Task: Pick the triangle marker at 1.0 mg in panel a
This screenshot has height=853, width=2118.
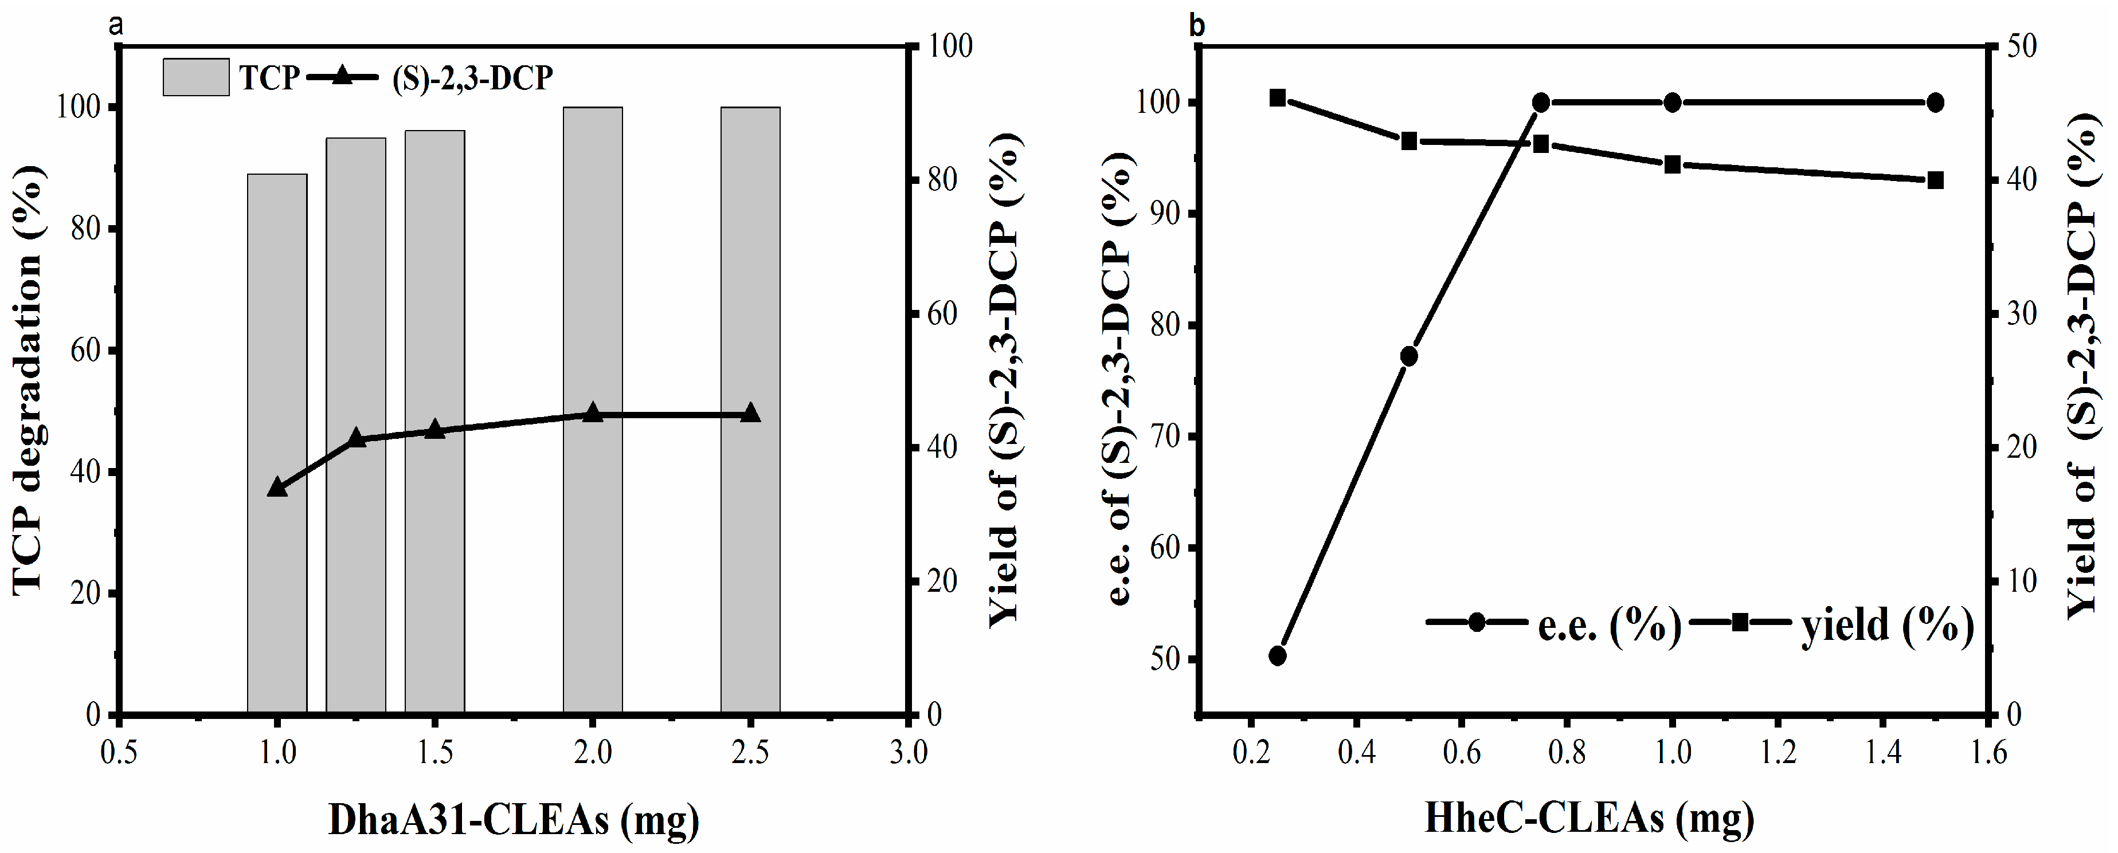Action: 277,488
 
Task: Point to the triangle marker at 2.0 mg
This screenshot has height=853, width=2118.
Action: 592,414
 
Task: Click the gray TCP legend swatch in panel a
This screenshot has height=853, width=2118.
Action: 195,77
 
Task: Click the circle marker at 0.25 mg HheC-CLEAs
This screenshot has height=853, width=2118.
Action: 1277,655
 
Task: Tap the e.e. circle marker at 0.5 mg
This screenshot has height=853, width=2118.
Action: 1408,356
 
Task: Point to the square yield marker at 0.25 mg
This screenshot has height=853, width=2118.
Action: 1277,98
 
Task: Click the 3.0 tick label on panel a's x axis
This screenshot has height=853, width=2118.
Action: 908,753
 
